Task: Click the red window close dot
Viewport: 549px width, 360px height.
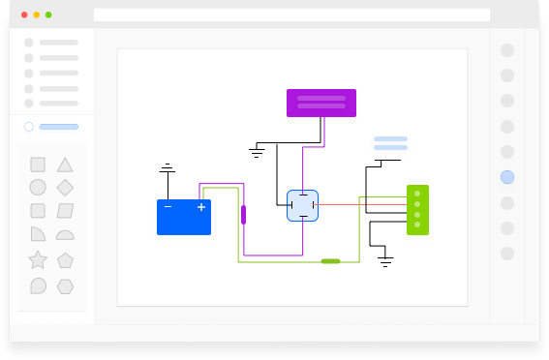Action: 24,15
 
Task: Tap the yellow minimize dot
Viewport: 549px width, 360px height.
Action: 37,15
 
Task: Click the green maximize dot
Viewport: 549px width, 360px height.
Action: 48,15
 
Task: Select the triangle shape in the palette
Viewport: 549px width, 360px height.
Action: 65,165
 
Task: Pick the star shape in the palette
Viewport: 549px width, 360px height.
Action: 38,259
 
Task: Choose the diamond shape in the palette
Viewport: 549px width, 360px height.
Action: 65,187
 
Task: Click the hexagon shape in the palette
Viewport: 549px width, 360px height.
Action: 65,285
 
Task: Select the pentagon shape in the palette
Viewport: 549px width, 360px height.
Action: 65,259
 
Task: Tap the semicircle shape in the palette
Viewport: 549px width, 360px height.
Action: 65,235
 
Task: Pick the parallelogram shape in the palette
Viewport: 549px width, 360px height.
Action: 65,211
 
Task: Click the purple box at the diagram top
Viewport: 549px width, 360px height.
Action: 320,103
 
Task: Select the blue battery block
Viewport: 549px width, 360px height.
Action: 184,217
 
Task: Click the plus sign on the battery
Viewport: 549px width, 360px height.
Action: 201,207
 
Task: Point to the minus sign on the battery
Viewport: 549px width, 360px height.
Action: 168,207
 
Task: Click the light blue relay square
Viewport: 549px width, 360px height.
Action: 302,205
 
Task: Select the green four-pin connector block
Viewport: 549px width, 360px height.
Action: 417,210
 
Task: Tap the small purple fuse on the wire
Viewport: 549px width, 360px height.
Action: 243,214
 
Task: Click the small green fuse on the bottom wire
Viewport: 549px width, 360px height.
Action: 330,261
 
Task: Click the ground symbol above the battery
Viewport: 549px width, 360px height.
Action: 168,169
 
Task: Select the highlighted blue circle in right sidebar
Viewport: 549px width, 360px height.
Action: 507,177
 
